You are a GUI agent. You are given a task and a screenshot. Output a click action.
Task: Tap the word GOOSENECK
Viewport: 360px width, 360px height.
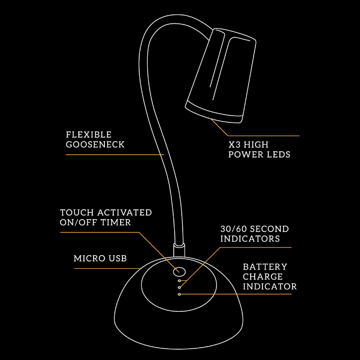tap(95, 144)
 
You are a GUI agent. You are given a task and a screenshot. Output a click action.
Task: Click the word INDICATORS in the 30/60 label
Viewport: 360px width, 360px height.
tap(250, 238)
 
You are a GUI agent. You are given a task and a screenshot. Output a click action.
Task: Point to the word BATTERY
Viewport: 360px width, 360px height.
tap(265, 266)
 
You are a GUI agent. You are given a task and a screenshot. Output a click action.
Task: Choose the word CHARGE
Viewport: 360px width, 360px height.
tap(263, 276)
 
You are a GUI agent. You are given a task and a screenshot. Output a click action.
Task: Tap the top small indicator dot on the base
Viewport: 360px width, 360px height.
tap(180, 280)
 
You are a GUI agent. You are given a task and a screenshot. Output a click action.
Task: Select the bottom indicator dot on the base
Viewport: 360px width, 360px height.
tap(180, 294)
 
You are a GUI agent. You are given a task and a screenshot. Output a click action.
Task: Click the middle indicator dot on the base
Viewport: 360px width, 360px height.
tap(180, 287)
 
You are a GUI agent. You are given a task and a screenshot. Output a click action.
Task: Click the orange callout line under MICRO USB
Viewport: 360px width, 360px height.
tap(106, 269)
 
